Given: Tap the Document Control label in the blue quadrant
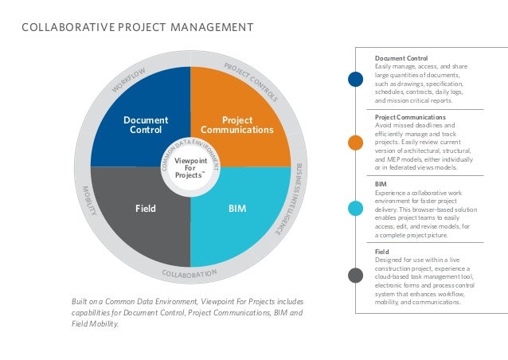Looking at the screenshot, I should click(146, 124).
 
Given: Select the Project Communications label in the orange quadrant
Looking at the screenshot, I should click(236, 124).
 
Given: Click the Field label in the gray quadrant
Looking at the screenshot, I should click(146, 209).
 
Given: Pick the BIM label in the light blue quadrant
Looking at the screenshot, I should click(236, 209).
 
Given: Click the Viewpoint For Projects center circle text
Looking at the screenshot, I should click(191, 168).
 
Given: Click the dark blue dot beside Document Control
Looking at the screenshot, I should click(355, 79).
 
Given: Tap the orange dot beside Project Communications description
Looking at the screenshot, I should click(355, 143).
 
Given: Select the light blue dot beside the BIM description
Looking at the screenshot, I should click(355, 209).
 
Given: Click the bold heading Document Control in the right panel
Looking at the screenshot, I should click(401, 59).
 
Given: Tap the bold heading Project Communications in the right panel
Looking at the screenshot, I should click(412, 117).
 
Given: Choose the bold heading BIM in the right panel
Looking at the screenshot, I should click(381, 183).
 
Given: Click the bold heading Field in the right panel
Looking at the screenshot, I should click(382, 250).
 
